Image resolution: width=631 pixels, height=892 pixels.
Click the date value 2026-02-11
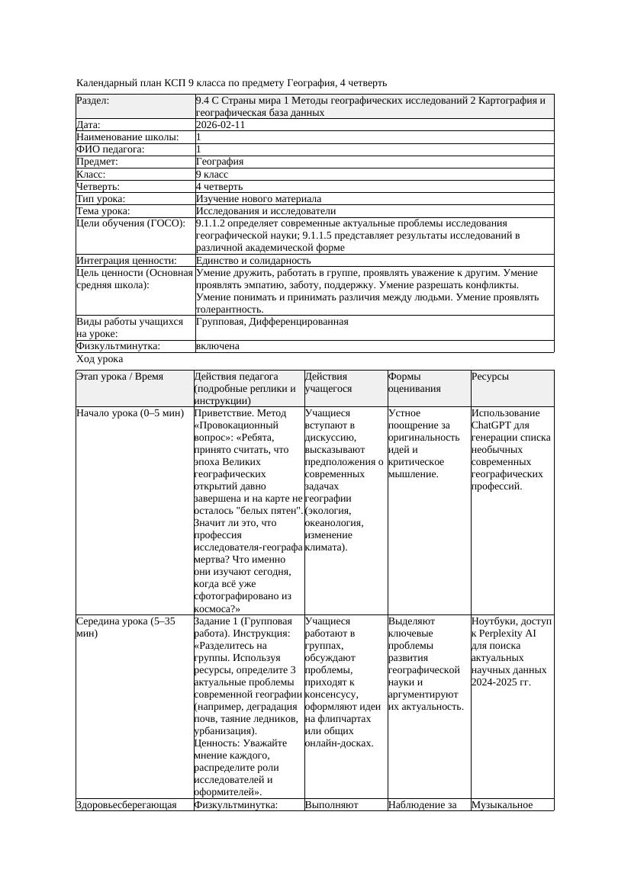tap(221, 125)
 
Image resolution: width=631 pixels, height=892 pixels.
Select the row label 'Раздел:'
tap(93, 101)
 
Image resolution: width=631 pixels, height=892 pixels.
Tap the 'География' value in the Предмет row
tap(220, 162)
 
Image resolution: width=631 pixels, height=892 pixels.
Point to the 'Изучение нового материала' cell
tap(259, 198)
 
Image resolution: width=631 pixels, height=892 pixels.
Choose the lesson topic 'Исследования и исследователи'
tap(266, 210)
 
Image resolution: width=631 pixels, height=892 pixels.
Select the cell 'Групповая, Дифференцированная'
tap(272, 322)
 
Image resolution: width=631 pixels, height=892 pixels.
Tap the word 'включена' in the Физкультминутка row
tap(217, 346)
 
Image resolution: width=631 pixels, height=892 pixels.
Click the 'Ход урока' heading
tap(100, 359)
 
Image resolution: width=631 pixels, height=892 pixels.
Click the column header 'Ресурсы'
tap(490, 377)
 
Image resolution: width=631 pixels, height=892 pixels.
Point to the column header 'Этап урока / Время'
tap(125, 377)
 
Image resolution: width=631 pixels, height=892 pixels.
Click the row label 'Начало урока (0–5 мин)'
tap(130, 413)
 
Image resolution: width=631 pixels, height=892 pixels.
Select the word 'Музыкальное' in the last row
tap(501, 804)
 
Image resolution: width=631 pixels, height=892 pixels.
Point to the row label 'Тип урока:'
tap(101, 198)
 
